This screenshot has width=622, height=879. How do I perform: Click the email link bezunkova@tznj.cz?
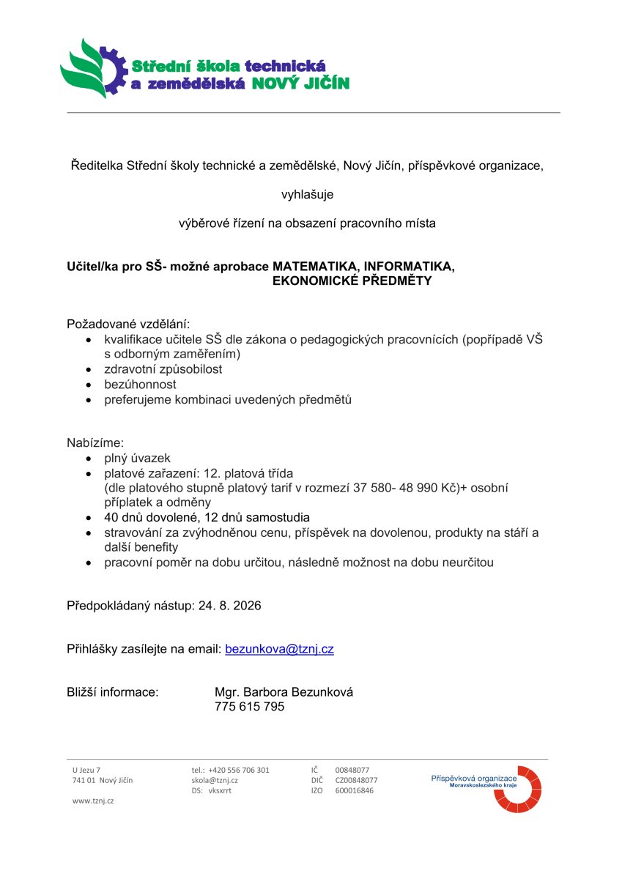tap(279, 649)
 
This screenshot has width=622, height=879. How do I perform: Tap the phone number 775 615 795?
tap(249, 707)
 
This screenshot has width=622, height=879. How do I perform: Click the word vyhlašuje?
tap(308, 194)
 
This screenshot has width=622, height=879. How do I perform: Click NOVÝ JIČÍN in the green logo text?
tap(300, 84)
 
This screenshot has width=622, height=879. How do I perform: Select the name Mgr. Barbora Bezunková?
tap(284, 692)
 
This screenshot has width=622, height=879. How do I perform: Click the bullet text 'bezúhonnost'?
tap(140, 385)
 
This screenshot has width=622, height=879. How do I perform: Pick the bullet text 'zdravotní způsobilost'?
tap(163, 369)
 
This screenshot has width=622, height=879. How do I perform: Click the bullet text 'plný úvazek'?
tap(137, 458)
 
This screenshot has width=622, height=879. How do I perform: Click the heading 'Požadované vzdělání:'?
tap(128, 323)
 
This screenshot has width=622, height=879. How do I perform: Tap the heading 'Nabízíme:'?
tap(95, 442)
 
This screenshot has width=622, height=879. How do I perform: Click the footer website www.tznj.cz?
tap(93, 801)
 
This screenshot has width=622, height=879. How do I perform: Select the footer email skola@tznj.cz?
tap(215, 780)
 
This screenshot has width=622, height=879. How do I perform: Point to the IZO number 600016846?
tap(354, 790)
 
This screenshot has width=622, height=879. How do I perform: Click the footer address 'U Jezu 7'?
tap(86, 770)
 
